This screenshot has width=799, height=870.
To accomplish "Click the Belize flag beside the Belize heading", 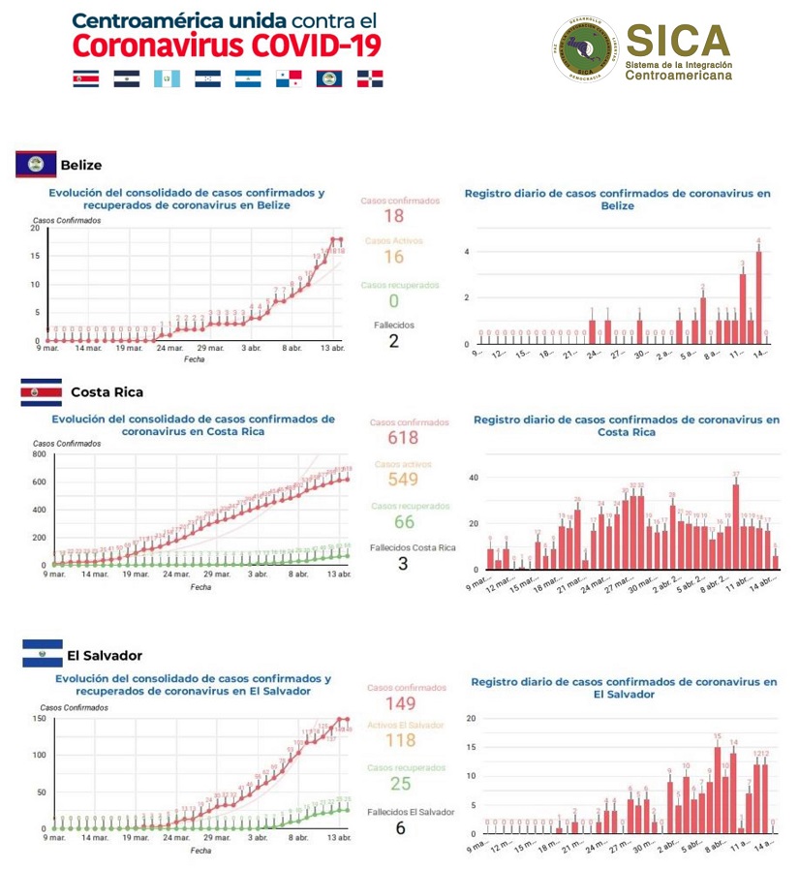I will [x=35, y=165].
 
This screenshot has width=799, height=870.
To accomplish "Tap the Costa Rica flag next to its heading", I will [x=41, y=392].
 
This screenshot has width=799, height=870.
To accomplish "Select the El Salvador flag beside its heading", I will [x=42, y=653].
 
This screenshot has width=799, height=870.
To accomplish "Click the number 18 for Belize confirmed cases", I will [x=393, y=216].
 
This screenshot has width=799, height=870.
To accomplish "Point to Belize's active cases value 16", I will [x=393, y=257].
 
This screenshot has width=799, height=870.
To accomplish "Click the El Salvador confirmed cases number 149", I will [x=400, y=703].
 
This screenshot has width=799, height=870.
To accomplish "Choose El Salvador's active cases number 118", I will [x=400, y=741].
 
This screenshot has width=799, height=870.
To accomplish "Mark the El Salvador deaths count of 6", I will [x=400, y=827].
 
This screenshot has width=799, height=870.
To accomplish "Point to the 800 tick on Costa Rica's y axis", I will [x=40, y=453].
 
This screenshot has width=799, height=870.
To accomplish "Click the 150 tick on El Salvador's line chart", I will [x=40, y=718].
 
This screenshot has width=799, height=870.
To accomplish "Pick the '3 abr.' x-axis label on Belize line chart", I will [x=252, y=347].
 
